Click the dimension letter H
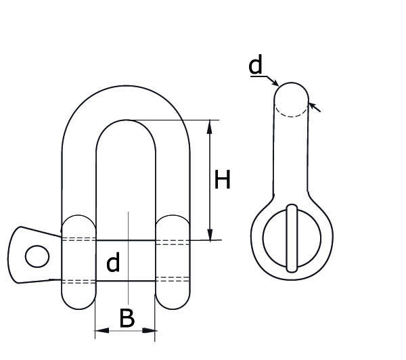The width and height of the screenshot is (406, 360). point(223,180)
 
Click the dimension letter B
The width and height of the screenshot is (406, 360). point(127,318)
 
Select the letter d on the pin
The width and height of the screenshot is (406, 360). point(113,263)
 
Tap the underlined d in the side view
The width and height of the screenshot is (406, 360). point(255,66)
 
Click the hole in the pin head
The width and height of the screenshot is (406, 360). point(37,257)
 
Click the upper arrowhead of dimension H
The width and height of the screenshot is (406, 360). point(211,125)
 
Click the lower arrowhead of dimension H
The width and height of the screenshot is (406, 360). point(211,235)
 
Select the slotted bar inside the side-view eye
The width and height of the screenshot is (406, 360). point(292,238)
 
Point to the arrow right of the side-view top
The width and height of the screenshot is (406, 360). point(315,107)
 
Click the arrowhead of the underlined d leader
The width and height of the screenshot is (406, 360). point(275,84)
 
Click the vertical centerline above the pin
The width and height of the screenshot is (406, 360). point(127,223)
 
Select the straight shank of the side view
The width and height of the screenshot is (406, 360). point(291,156)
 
